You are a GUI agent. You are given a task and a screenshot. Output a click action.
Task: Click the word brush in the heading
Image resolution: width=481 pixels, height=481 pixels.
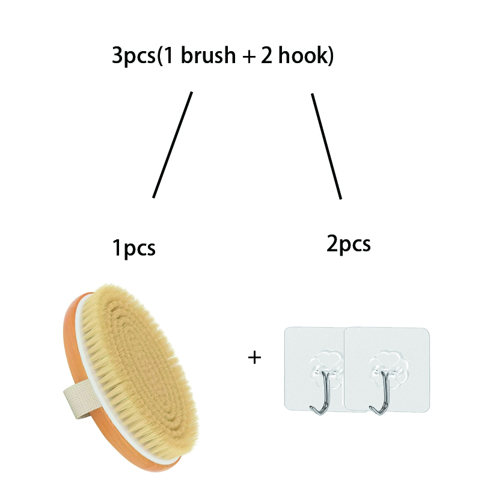[208, 55]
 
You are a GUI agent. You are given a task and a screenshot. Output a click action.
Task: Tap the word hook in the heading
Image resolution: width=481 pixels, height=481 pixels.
[304, 55]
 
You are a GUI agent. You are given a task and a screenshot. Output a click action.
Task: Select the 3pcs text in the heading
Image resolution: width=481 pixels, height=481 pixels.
[133, 56]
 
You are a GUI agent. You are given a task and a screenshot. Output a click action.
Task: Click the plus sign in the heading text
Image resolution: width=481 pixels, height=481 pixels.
[249, 57]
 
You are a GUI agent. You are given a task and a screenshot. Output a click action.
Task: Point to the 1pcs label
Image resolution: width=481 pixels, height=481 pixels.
[134, 248]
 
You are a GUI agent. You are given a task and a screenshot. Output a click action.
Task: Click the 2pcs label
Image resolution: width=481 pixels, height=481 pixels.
[349, 244]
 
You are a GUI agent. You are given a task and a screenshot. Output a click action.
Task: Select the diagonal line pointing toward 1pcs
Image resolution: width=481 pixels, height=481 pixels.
[173, 144]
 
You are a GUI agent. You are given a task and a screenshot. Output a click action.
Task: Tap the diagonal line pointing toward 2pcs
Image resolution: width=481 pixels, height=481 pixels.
[326, 146]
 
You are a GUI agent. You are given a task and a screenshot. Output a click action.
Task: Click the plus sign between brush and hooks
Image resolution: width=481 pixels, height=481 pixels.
[254, 358]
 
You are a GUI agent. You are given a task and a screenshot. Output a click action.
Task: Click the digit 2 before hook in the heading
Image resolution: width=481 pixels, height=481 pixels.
[266, 55]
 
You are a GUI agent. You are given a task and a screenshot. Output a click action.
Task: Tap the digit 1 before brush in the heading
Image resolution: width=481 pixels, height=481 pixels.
[168, 56]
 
